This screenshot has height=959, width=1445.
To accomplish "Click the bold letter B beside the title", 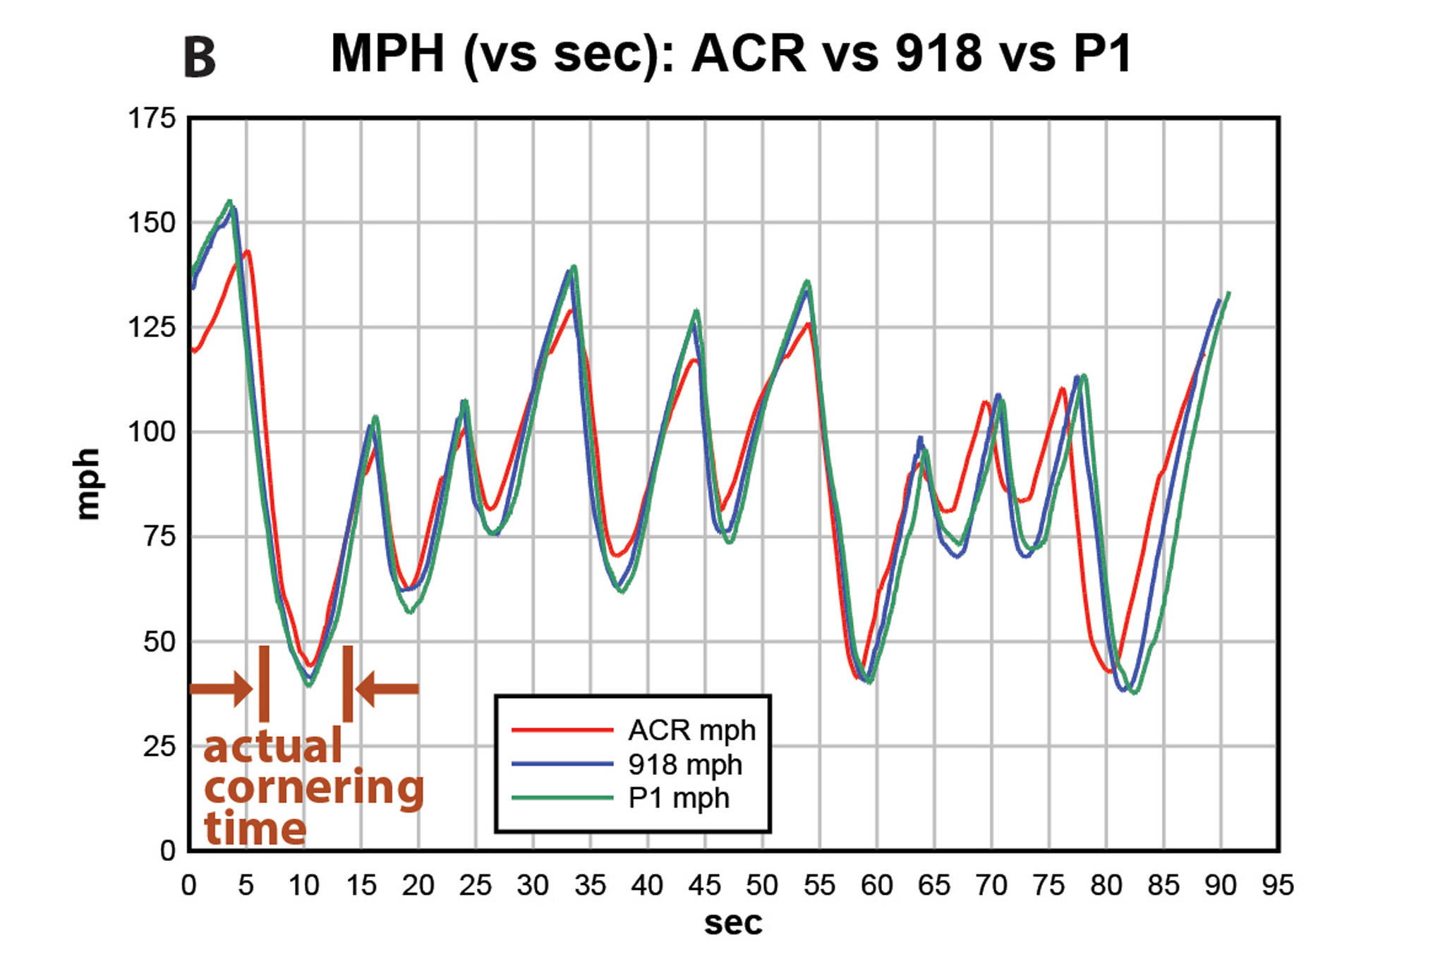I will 200,58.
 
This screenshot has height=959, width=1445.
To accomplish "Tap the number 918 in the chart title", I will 938,53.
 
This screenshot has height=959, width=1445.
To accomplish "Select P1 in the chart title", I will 1102,53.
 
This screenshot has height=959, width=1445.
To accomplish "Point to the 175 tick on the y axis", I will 151,118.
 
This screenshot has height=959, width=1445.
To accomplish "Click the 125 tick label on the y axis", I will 151,327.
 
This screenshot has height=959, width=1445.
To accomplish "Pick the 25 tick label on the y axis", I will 159,746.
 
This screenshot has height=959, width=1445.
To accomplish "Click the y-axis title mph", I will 87,484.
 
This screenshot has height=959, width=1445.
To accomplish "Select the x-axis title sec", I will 733,923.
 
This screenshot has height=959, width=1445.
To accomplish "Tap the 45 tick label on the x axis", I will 704,885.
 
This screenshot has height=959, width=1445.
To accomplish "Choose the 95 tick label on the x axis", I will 1278,885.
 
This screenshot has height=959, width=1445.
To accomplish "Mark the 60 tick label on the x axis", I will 876,885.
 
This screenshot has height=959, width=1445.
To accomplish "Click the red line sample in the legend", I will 562,730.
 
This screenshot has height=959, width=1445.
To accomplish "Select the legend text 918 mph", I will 685,764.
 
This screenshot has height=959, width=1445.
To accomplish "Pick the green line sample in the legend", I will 562,798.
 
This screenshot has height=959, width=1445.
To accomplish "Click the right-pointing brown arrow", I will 222,688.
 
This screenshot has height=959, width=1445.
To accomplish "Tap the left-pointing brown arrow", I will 387,688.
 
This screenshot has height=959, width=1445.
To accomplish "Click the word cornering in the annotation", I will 314,788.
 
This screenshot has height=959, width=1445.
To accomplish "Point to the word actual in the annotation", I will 272,747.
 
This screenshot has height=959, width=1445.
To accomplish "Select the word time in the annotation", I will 255,828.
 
